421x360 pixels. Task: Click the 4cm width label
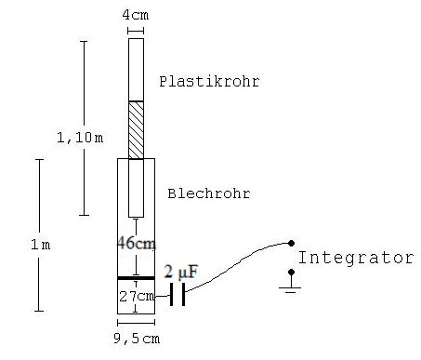136,15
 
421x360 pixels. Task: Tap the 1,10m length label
80,138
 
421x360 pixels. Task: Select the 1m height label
41,245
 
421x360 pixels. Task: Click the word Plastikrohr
209,82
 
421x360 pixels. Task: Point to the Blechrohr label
209,193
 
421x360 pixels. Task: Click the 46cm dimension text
137,243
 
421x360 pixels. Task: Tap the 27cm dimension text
137,297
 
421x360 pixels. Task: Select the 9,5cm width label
137,339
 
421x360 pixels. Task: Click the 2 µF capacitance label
181,272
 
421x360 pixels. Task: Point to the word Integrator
356,258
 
